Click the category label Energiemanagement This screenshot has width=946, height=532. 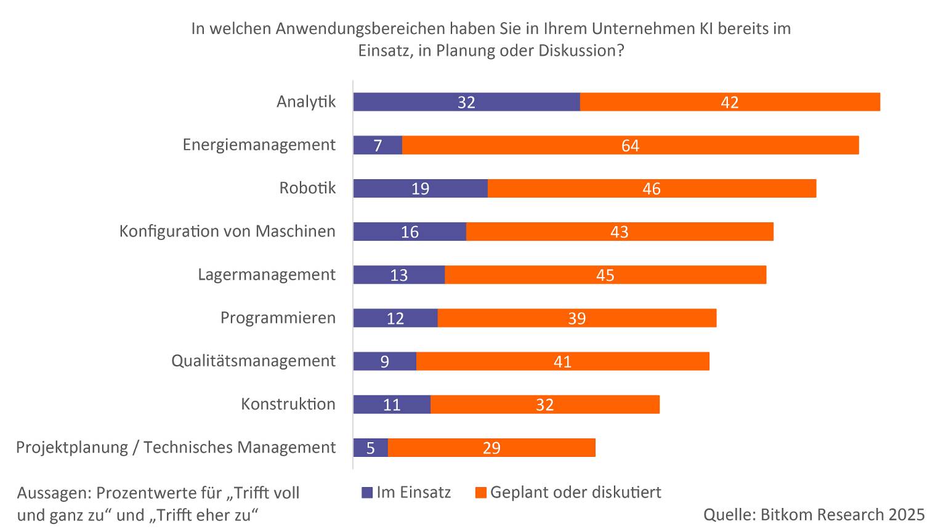coord(259,145)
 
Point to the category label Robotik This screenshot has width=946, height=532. coord(307,188)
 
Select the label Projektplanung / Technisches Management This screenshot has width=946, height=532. coord(176,447)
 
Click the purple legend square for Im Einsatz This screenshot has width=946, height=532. coord(367,493)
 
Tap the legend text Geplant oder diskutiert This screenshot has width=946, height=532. coord(575,492)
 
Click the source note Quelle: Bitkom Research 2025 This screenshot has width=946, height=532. coord(814,514)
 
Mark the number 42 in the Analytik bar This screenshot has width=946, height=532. coord(729,102)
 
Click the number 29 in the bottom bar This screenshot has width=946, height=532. coord(491,448)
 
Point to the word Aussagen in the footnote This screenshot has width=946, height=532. coord(54,493)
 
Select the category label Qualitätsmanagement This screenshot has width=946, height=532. coord(253,360)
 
